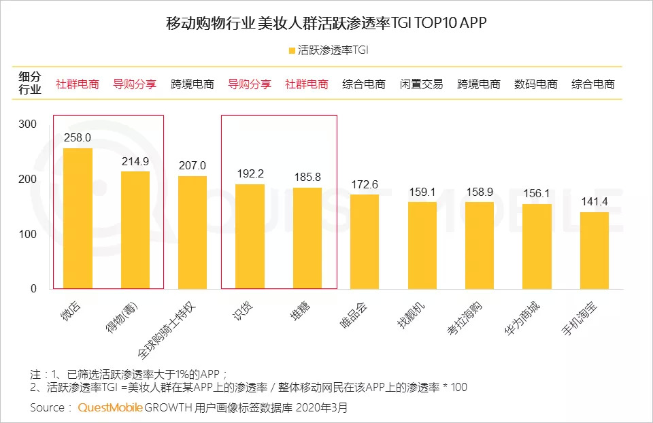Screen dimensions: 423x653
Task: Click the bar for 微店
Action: [x=78, y=218]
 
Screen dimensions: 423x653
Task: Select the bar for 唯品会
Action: [x=364, y=241]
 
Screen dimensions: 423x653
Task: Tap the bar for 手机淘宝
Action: [x=594, y=250]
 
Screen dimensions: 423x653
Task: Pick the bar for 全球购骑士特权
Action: [x=192, y=233]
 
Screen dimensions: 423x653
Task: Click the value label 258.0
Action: [x=78, y=138]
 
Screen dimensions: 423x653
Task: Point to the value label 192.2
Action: [x=250, y=173]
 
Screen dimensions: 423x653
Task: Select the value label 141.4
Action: [x=594, y=201]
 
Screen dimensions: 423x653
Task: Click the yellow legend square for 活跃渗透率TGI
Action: [x=292, y=50]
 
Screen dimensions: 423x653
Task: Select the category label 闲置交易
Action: [x=421, y=84]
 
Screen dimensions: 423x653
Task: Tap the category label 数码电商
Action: [x=536, y=84]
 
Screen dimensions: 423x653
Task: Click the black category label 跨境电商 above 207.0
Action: [x=192, y=84]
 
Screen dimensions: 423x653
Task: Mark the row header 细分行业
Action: [x=30, y=84]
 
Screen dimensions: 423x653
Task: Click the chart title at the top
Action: [x=326, y=23]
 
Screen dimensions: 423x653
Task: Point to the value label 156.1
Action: [x=537, y=193]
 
